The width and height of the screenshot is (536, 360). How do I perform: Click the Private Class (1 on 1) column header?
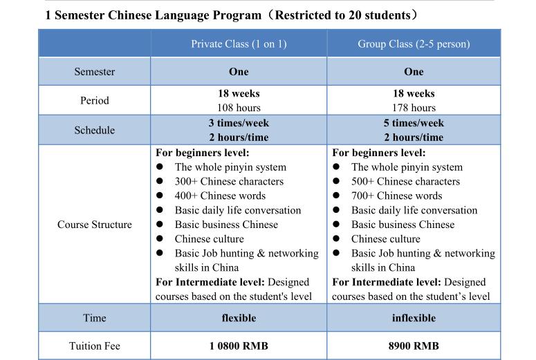[239, 44]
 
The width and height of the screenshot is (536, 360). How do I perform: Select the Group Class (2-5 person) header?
[414, 44]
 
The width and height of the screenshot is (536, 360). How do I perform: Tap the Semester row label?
[95, 72]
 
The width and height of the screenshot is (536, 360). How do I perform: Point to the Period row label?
[95, 100]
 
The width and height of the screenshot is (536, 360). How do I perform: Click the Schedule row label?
[95, 130]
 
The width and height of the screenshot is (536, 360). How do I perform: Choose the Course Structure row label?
[95, 225]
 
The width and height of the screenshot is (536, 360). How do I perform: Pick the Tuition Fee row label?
[95, 345]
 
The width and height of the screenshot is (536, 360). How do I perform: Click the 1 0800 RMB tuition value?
[239, 345]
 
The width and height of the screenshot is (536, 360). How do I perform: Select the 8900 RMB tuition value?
[414, 345]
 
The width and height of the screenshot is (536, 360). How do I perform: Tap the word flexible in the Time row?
[239, 318]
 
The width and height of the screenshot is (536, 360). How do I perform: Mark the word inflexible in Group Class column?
[414, 318]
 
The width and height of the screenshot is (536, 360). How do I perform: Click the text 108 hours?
[239, 108]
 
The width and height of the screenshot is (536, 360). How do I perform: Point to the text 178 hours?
[414, 108]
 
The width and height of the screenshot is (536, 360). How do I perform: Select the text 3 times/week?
[239, 123]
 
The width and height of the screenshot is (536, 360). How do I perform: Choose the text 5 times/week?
[414, 123]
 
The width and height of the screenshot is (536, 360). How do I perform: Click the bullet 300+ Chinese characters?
[229, 181]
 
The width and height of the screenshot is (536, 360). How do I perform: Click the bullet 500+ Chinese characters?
[405, 181]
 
